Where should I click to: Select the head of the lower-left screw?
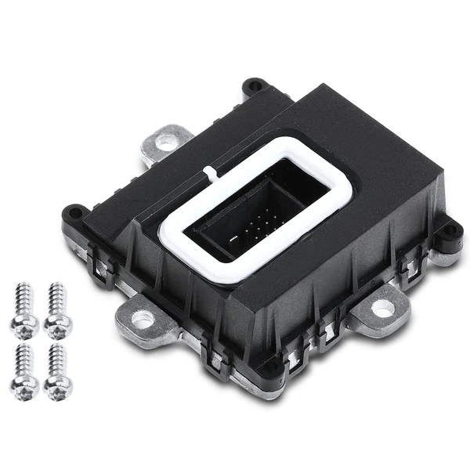point(24,385)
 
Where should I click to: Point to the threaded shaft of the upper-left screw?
point(23,298)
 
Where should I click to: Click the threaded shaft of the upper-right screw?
point(56,297)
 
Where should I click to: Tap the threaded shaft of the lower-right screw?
point(57,358)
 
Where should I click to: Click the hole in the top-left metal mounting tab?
point(167,143)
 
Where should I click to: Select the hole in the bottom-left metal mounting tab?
point(143,319)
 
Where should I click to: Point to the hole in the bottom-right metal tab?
point(382,308)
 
